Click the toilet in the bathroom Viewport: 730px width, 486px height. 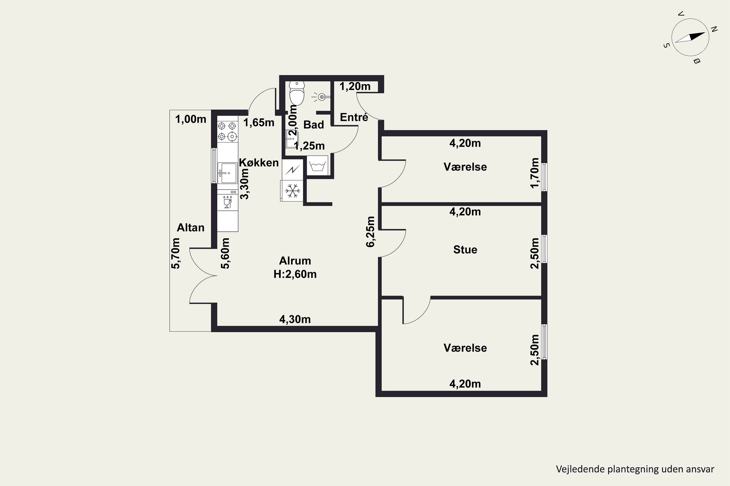[x=297, y=93]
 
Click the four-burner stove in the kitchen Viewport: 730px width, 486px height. [x=228, y=131]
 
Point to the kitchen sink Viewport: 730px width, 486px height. [x=228, y=173]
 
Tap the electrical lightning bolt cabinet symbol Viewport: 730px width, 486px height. [x=292, y=169]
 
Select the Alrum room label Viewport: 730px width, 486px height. [x=295, y=261]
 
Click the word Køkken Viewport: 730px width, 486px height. [x=259, y=163]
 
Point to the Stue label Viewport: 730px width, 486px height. [x=465, y=250]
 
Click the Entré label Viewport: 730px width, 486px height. [x=354, y=117]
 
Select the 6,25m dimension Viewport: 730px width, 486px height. [x=371, y=232]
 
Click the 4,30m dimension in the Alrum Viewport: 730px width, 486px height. [x=295, y=319]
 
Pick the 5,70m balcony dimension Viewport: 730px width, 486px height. [x=175, y=253]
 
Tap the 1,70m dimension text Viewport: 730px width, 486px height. [x=535, y=173]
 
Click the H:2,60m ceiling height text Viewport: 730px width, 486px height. [x=295, y=274]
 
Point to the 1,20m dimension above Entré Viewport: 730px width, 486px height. [x=355, y=87]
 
